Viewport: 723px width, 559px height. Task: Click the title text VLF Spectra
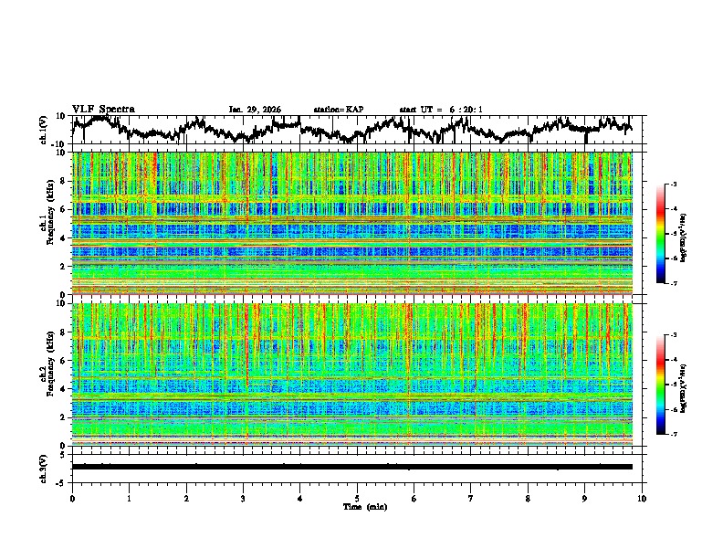click(103, 109)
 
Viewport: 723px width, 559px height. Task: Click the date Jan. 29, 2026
click(255, 110)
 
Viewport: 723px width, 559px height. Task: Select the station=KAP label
click(339, 110)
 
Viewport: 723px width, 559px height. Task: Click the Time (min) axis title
click(357, 506)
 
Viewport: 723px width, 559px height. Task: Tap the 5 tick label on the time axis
click(357, 498)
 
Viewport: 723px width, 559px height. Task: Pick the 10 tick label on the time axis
click(642, 498)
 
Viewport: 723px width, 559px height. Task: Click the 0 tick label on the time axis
click(72, 498)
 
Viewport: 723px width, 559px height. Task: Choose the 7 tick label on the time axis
click(471, 498)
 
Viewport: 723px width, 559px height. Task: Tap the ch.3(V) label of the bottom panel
click(45, 466)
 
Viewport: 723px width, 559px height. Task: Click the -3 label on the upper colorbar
click(673, 185)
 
